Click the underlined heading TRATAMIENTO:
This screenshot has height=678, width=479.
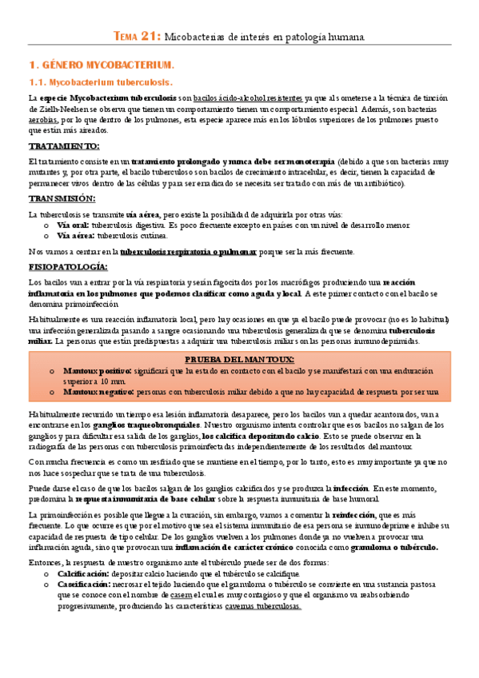point(64,146)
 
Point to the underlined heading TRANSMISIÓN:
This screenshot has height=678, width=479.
point(62,197)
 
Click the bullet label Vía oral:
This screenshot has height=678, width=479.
point(72,225)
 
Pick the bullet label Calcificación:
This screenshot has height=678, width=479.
point(84,574)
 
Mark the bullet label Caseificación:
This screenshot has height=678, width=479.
point(86,584)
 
